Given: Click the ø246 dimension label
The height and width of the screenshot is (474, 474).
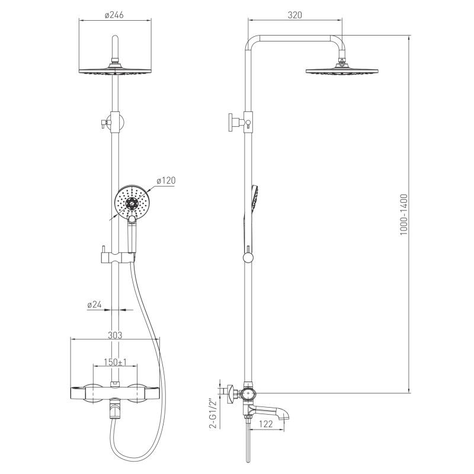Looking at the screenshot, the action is tap(114, 15).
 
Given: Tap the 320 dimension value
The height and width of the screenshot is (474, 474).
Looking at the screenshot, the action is tap(294, 15).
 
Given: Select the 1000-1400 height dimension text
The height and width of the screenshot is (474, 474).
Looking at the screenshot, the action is tap(404, 214).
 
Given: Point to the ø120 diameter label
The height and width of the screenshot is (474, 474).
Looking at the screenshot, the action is tap(166, 180).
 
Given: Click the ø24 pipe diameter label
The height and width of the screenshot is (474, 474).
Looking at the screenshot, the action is tap(94, 305).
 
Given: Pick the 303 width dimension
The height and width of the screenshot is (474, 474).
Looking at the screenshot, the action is tap(115, 335).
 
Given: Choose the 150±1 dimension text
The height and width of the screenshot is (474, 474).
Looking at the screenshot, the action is tap(115, 362).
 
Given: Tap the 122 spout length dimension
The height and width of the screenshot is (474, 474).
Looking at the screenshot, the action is tap(266, 424).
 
